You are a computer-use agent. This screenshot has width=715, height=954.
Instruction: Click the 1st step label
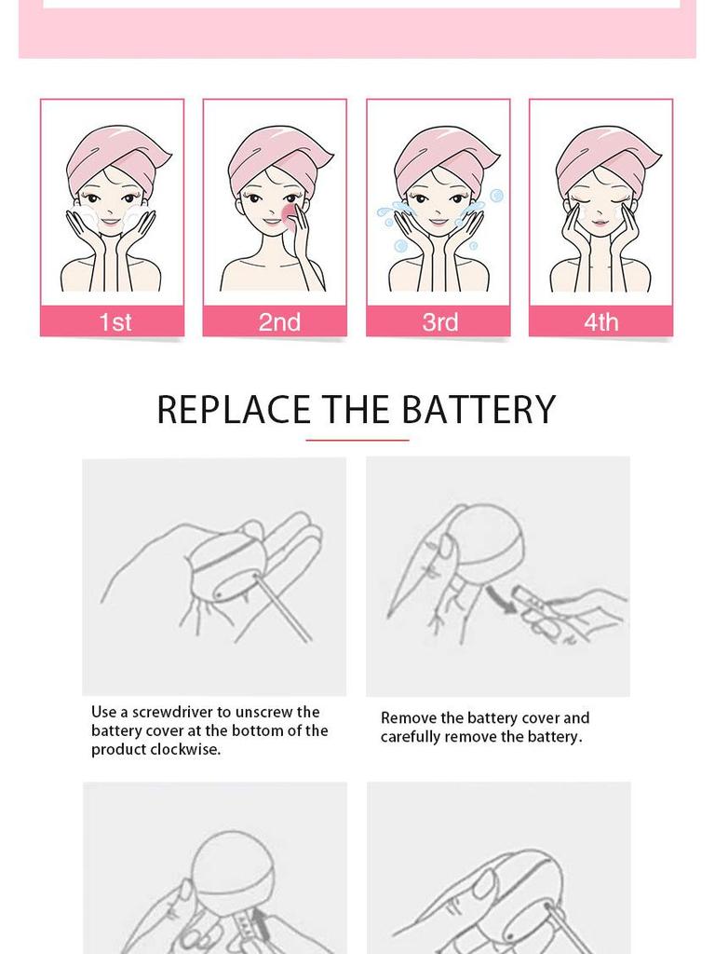coord(115,322)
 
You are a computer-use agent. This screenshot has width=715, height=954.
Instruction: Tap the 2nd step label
coord(278,322)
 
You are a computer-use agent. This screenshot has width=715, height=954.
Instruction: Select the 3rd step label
coord(439,322)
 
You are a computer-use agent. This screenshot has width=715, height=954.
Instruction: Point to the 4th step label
coord(600,322)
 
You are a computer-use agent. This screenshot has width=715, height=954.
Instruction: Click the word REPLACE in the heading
coord(234,410)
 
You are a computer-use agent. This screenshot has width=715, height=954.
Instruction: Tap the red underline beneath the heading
coord(357,440)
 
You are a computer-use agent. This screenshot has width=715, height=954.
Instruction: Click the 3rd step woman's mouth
coord(438,222)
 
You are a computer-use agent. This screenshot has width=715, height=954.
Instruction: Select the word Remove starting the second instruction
coord(408,718)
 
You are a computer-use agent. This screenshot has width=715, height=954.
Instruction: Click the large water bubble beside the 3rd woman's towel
coord(496,196)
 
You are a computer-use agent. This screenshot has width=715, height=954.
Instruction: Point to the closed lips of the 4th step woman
coord(600,223)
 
